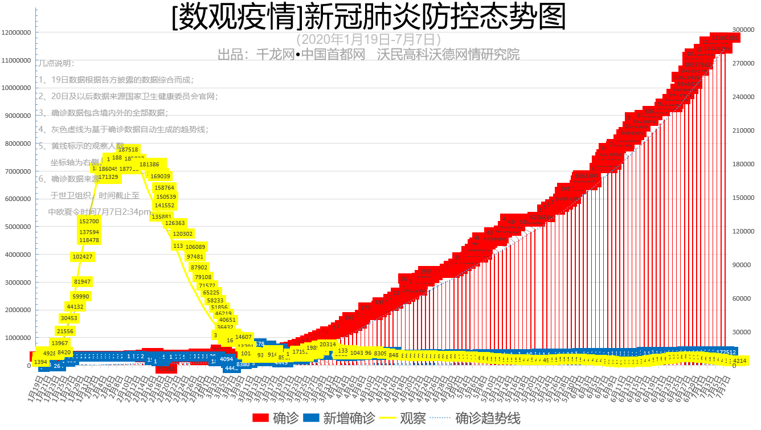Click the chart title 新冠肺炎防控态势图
[369, 18]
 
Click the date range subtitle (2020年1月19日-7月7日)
[369, 39]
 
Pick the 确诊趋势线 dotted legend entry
[477, 419]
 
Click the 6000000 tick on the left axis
[18, 199]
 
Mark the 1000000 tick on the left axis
[18, 338]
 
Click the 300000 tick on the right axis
[743, 30]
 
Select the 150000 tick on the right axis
[743, 198]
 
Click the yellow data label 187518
[128, 149]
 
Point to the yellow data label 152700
[89, 221]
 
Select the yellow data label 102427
[83, 257]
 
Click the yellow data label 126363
[175, 223]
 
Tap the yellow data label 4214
[739, 361]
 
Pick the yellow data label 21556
[65, 331]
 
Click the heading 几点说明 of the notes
[56, 63]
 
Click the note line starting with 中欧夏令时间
[99, 211]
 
